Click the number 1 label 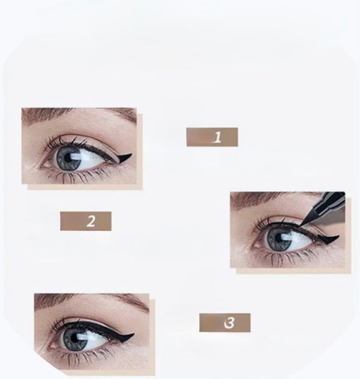(212, 137)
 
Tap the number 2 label (86, 221)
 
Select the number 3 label (225, 323)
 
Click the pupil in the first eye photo (67, 158)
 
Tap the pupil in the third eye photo (74, 338)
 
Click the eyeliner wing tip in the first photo (131, 154)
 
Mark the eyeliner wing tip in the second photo (338, 236)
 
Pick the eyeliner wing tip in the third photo (133, 334)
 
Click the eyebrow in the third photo (91, 301)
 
